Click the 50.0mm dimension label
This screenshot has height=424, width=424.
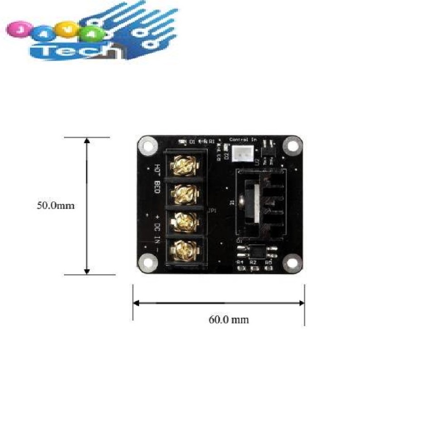(56, 206)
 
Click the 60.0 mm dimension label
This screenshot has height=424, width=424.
(228, 320)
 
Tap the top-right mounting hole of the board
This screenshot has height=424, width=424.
(293, 146)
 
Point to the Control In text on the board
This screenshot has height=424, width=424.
(243, 139)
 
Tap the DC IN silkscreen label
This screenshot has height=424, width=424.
(158, 228)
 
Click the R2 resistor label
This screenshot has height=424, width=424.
(253, 261)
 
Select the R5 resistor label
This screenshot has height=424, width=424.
(269, 261)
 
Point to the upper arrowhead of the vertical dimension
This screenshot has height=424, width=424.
(87, 141)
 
